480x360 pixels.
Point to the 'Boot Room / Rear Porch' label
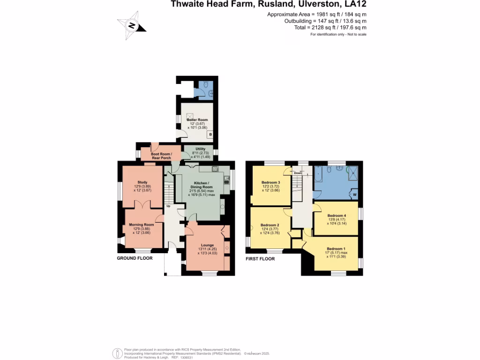[161, 156]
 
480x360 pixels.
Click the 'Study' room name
[142, 182]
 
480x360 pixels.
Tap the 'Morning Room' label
[142, 225]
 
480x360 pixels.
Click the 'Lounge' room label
[208, 245]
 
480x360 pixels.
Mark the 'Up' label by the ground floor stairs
[168, 206]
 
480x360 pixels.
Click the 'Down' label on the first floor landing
[298, 173]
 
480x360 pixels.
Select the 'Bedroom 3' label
[271, 182]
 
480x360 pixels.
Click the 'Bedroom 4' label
[335, 216]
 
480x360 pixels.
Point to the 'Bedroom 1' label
[336, 248]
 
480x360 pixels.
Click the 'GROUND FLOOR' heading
[135, 258]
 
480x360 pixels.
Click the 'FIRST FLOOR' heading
[260, 258]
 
